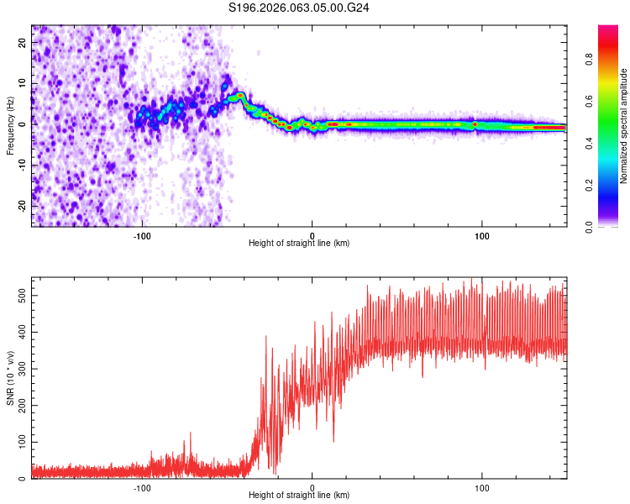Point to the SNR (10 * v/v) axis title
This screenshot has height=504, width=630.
[x=10, y=378]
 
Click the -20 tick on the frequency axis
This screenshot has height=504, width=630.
[x=20, y=205]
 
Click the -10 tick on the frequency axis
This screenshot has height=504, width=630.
[x=20, y=164]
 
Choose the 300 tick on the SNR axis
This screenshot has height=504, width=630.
[x=18, y=369]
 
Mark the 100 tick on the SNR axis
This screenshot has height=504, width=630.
[x=18, y=442]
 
